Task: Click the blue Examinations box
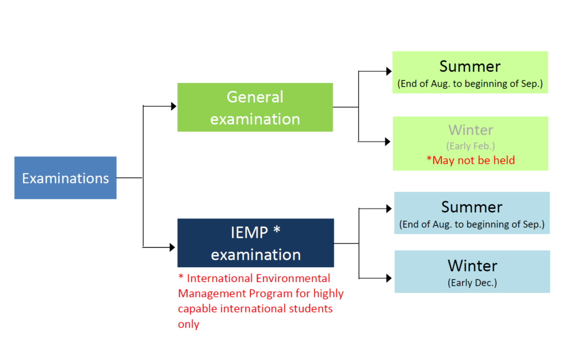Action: [65, 178]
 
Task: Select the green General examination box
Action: [255, 107]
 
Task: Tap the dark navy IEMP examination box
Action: [255, 243]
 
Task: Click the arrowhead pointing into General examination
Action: [174, 106]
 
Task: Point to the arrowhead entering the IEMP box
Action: [172, 247]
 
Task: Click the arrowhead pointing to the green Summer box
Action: [389, 71]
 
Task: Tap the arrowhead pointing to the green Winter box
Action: [387, 142]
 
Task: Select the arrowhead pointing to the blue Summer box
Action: [389, 208]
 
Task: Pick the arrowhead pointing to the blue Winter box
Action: [389, 278]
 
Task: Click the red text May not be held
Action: [471, 160]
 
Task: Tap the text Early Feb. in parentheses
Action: [471, 146]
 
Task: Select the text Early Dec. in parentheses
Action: [472, 283]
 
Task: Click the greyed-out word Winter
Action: [471, 130]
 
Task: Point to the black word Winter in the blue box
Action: [473, 266]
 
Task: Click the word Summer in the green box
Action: [470, 66]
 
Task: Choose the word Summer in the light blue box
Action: [472, 207]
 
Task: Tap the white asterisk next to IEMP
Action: [277, 230]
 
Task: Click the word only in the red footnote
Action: [188, 324]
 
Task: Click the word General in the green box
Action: [255, 97]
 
